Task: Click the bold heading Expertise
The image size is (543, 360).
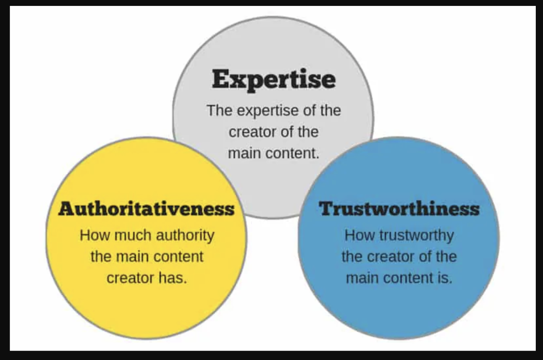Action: [x=274, y=80]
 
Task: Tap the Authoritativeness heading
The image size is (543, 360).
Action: [x=146, y=209]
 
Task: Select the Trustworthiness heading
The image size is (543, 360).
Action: [x=399, y=209]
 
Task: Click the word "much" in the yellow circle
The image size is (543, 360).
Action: [x=131, y=236]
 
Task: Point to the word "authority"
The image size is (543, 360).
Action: [x=185, y=236]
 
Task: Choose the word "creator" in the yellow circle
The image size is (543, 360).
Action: [x=127, y=278]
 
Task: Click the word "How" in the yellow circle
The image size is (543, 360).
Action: [x=95, y=236]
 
